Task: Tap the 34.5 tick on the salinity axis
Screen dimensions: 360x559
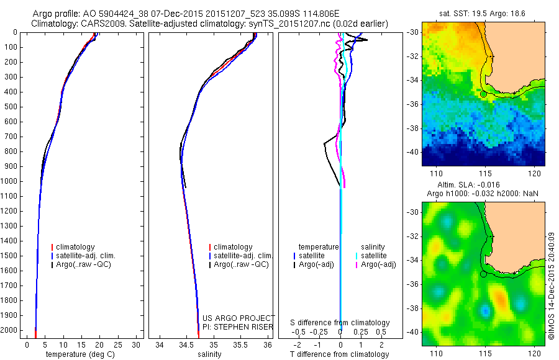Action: click(186, 344)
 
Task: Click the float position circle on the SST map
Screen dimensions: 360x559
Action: click(483, 94)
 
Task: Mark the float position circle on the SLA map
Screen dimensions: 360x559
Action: click(483, 274)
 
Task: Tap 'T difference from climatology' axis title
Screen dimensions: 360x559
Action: click(340, 354)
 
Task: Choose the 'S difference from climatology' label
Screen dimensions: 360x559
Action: click(340, 323)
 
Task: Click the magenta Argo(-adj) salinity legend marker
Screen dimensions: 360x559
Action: click(357, 265)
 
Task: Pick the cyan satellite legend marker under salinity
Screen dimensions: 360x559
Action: click(357, 256)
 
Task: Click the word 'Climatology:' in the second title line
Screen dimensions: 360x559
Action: click(54, 24)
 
